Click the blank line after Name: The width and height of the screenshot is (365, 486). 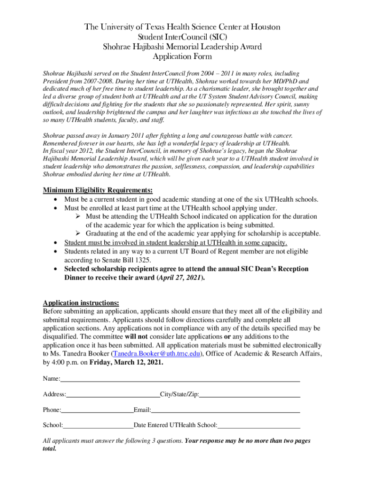coord(180,379)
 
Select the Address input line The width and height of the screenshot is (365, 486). coord(113,394)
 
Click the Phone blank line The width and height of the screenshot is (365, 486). coord(97,410)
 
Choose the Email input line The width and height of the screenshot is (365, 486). coord(226,410)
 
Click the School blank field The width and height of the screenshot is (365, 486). coord(98,425)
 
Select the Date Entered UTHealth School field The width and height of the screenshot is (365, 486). coord(259,425)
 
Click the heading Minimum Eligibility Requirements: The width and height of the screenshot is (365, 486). coord(98,190)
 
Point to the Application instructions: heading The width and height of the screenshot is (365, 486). coord(81,303)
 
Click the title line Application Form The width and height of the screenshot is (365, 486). coord(182,57)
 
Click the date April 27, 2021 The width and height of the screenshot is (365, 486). coord(180,278)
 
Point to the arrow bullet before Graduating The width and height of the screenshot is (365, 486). coord(79,234)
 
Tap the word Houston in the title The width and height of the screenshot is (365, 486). coord(265,27)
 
